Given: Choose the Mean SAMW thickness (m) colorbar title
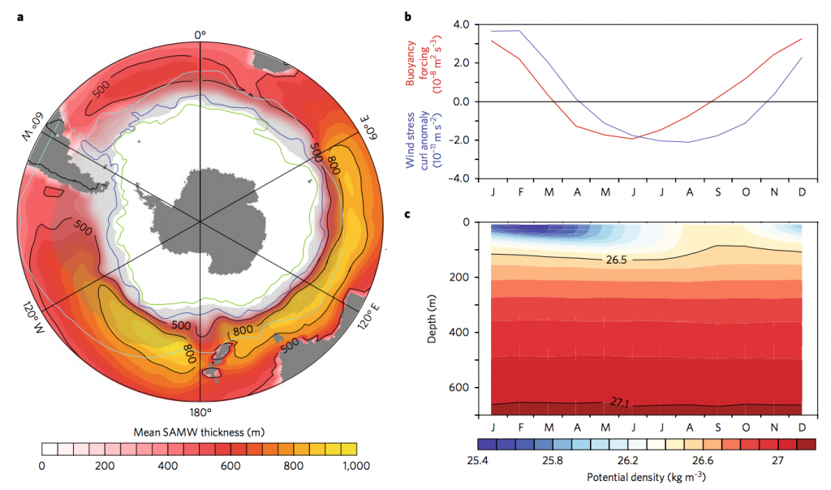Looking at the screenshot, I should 200,432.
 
